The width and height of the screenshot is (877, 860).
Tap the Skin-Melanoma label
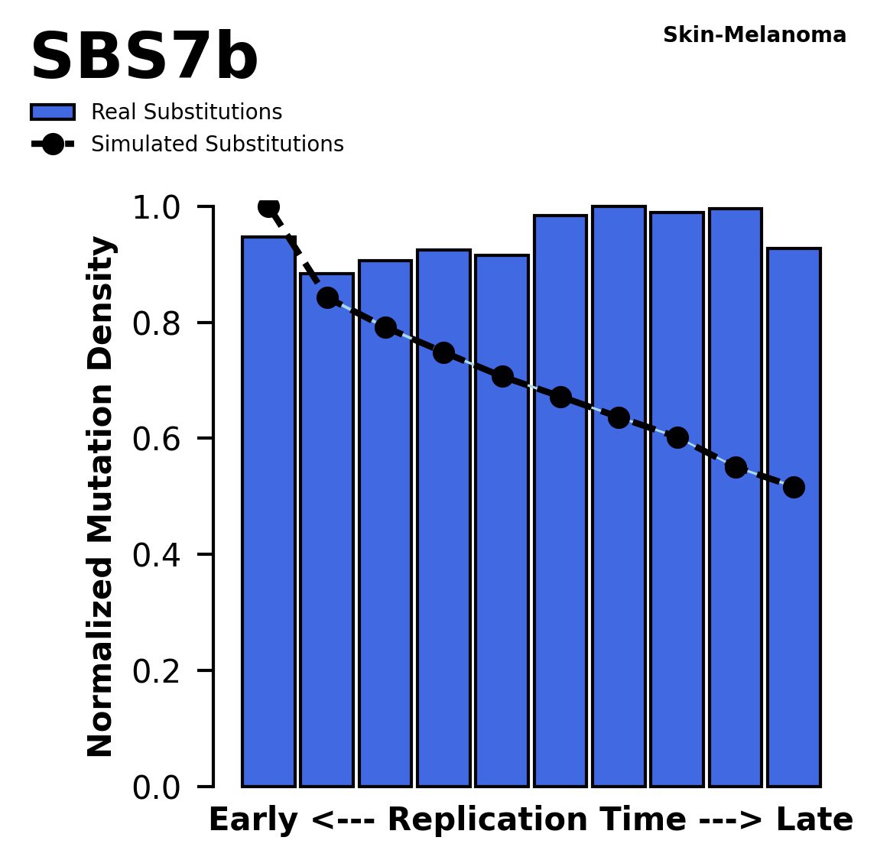pos(754,35)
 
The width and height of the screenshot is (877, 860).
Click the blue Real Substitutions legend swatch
pos(52,112)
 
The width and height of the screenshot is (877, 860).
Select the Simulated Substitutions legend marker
pos(52,144)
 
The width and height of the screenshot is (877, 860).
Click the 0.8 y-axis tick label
pos(157,324)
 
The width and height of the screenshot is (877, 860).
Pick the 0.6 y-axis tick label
pos(157,440)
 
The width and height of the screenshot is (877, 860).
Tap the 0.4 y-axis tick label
pos(157,556)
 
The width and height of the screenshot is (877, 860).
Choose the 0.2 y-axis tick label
pos(157,672)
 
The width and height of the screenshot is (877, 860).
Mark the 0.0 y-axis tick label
pos(157,787)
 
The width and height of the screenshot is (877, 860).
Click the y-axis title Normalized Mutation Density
pos(101,497)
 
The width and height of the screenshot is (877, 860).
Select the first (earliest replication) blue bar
pos(268,512)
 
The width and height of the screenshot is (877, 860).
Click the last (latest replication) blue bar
pos(794,520)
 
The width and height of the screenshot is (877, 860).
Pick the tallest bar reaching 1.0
pos(619,497)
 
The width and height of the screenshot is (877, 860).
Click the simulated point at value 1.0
pos(268,206)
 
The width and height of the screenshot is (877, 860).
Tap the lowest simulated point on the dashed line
pos(794,487)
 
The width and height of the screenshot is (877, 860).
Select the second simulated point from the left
pos(327,298)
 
